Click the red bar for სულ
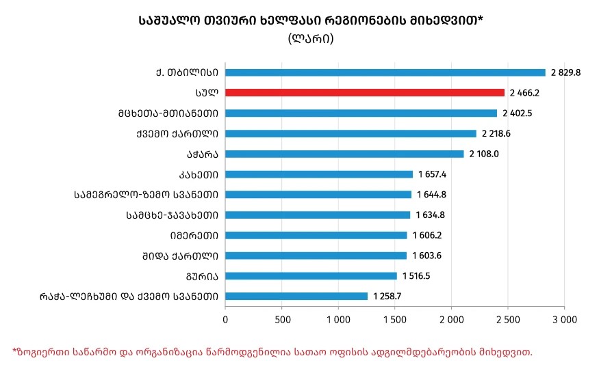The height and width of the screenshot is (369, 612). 364,92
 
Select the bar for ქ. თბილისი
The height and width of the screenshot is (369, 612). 385,72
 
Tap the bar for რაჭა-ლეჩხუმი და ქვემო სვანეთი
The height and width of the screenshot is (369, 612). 296,297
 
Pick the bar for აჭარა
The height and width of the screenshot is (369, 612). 344,154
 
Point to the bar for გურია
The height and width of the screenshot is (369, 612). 311,276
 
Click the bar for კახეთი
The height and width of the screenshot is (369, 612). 319,174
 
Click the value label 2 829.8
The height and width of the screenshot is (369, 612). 565,72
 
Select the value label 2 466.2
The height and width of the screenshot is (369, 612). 524,93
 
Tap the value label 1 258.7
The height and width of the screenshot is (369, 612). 387,297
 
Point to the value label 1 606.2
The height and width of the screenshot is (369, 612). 427,236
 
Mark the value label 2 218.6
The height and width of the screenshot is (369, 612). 496,134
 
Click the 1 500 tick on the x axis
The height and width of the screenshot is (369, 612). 395,319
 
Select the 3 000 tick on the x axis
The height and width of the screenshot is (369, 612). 564,319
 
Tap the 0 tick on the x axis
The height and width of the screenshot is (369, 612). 225,319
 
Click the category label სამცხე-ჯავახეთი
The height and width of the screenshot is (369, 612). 173,215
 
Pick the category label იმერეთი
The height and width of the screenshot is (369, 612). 194,236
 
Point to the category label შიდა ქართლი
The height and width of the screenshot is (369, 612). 186,256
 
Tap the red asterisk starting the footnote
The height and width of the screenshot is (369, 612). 14,351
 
